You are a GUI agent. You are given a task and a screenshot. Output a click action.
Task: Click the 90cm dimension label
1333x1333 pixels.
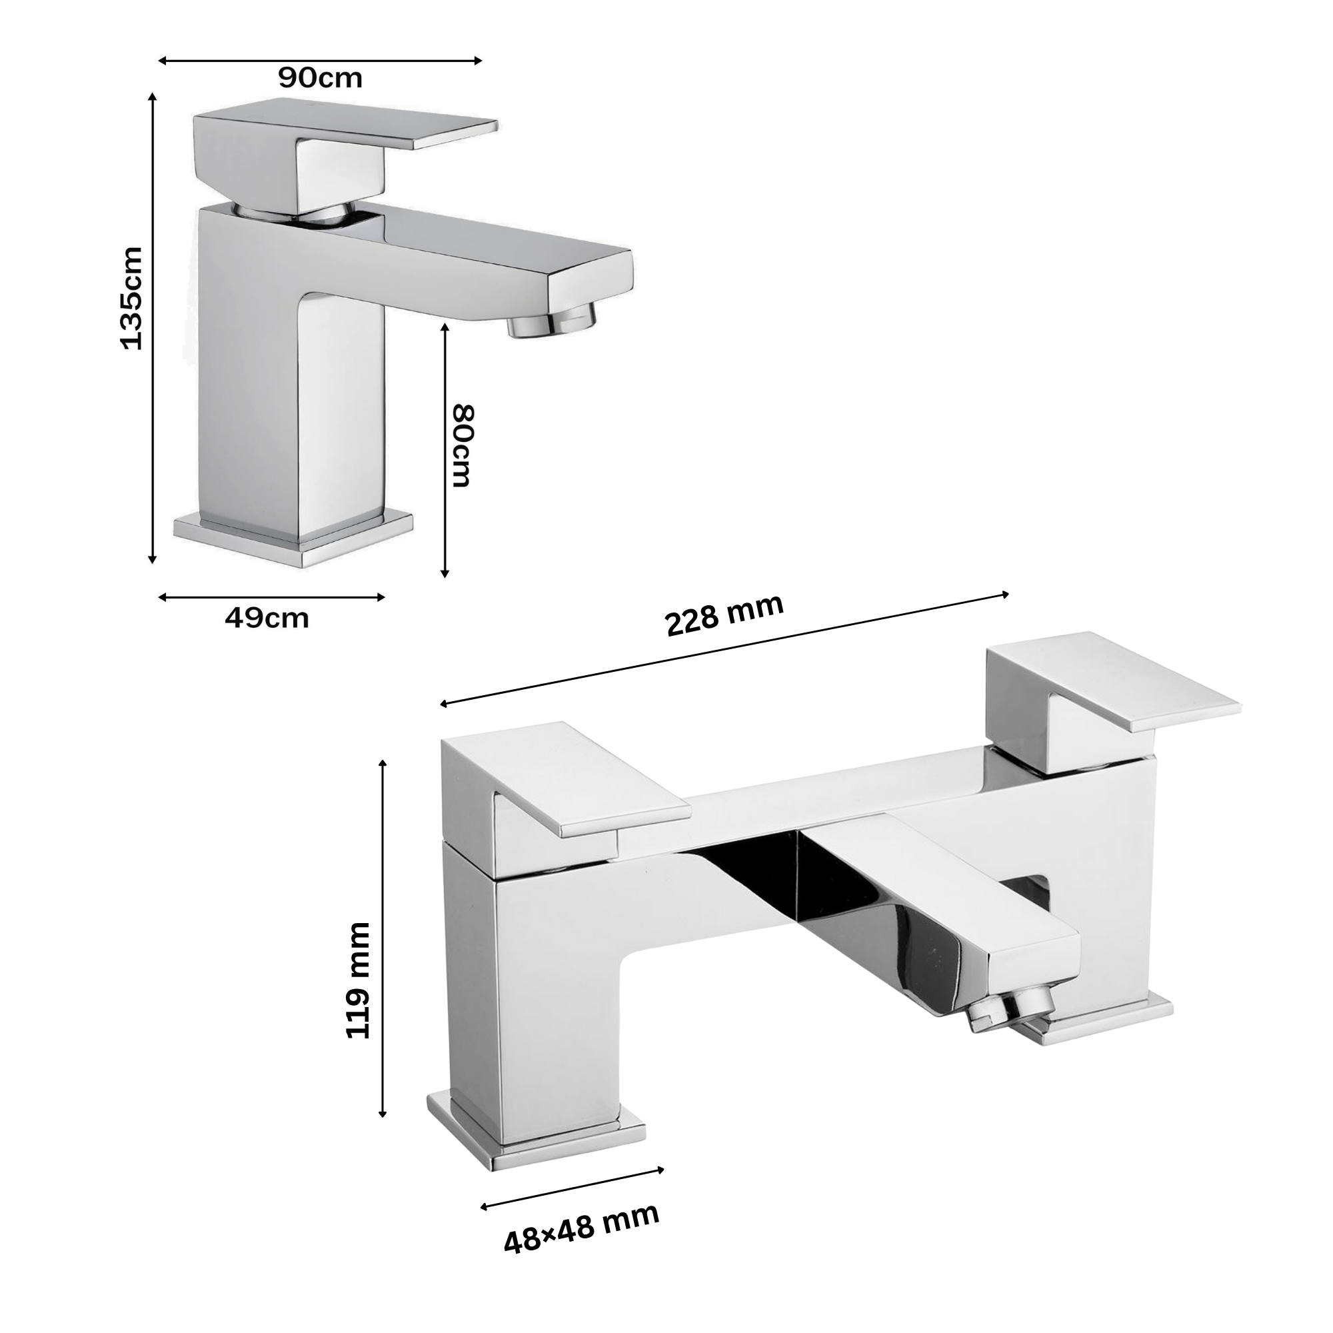point(320,79)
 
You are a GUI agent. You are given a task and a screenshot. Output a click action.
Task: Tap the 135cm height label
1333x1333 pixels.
point(131,298)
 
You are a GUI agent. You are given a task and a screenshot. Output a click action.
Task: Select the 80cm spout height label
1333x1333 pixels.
point(463,446)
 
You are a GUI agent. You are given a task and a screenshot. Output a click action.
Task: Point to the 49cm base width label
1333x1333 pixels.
point(267,619)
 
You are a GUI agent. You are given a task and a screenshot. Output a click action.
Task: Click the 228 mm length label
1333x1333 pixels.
point(724,614)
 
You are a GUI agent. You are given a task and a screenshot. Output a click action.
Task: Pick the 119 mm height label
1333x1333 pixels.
point(357,980)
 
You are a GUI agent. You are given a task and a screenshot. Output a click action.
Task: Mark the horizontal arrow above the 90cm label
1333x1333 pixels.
point(320,61)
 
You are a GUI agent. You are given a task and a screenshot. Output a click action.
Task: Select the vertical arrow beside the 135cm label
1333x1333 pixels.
point(153,329)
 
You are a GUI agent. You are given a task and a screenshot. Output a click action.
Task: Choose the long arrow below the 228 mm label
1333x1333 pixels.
point(724,649)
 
